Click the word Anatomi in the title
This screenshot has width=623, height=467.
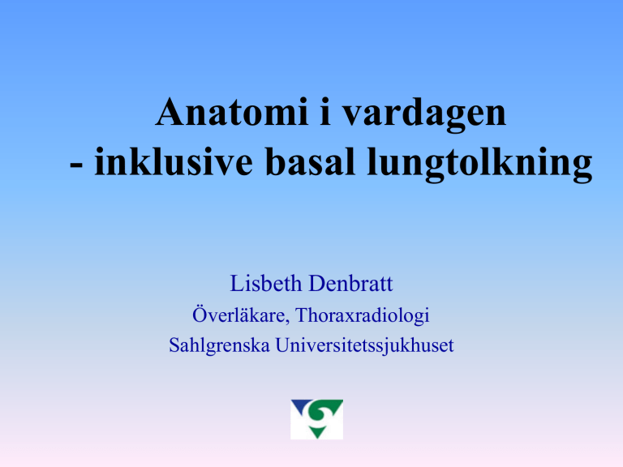pos(232,112)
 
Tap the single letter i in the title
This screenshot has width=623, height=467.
pos(326,112)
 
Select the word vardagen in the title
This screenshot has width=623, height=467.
pos(424,115)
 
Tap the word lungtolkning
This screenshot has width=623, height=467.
pos(479,164)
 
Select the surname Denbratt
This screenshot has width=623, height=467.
pos(350,284)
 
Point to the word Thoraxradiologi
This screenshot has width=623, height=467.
pos(363,315)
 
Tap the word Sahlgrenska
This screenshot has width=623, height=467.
pos(219,346)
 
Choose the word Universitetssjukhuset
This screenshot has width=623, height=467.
pos(364,346)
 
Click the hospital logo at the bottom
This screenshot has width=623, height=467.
pos(316,419)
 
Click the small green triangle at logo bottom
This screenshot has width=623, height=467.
pos(317,432)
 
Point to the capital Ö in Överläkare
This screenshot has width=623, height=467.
pos(199,314)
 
